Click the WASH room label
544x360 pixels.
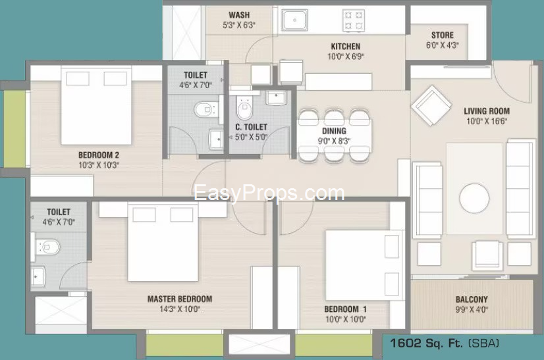click(x=239, y=15)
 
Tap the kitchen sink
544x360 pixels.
click(x=294, y=20)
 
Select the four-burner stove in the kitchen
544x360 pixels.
click(x=354, y=20)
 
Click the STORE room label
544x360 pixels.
click(x=443, y=35)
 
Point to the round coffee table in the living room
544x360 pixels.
click(x=474, y=198)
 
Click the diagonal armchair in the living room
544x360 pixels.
click(x=431, y=105)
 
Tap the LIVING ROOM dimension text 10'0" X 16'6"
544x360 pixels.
click(x=487, y=121)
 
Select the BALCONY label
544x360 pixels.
click(x=472, y=299)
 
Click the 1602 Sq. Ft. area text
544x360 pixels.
click(x=426, y=344)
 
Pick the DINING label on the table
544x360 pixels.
click(x=334, y=131)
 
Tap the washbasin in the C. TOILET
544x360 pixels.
click(x=276, y=98)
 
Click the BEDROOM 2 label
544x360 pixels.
click(x=99, y=155)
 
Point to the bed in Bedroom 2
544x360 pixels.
click(x=96, y=105)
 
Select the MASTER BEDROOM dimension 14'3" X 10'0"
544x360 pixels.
click(x=180, y=309)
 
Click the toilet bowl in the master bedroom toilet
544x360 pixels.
click(x=48, y=247)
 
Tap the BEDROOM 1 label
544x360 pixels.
click(x=346, y=309)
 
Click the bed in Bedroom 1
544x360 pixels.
click(x=364, y=265)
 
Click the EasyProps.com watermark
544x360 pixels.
click(x=269, y=193)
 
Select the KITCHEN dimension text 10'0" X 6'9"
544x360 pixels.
click(x=346, y=57)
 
